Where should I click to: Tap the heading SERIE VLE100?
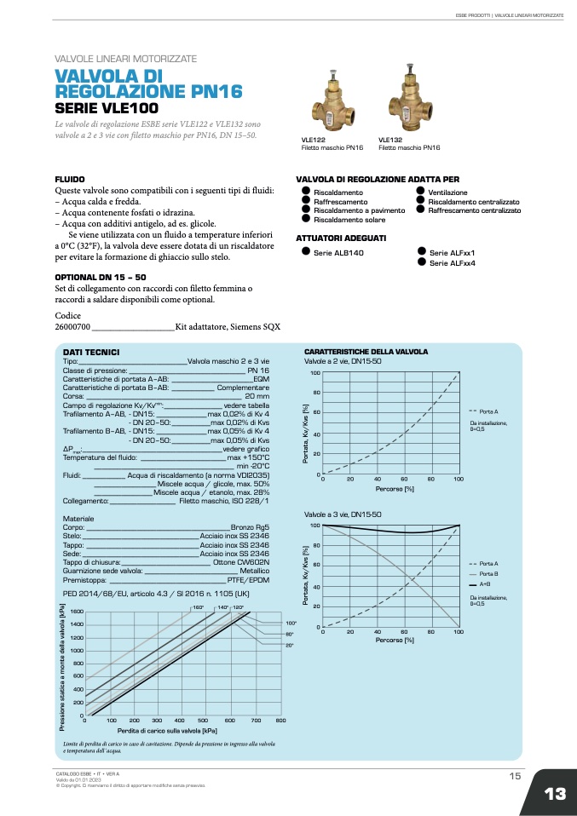tap(106, 109)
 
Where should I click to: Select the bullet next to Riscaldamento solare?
tap(306, 218)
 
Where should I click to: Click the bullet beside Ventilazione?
tap(420, 193)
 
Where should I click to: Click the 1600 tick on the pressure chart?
tap(77, 612)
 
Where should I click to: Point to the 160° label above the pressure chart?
tap(198, 606)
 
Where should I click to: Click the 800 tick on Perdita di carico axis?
tap(280, 721)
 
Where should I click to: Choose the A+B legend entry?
tap(484, 584)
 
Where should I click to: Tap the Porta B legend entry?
tap(488, 574)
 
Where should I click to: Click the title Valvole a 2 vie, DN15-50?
tap(343, 361)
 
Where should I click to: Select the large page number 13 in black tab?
tap(555, 794)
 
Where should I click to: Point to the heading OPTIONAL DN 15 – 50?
tap(101, 278)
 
